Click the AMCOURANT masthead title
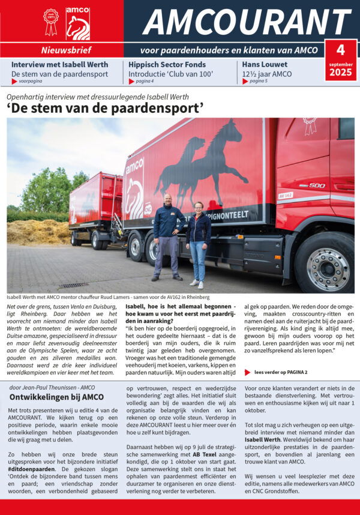[x=247, y=22]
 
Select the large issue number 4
[x=340, y=49]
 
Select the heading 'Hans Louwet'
[x=265, y=64]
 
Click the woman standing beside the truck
[x=198, y=243]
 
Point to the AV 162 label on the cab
[x=286, y=195]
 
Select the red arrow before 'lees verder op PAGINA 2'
[x=248, y=372]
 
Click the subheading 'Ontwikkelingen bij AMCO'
[x=56, y=397]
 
